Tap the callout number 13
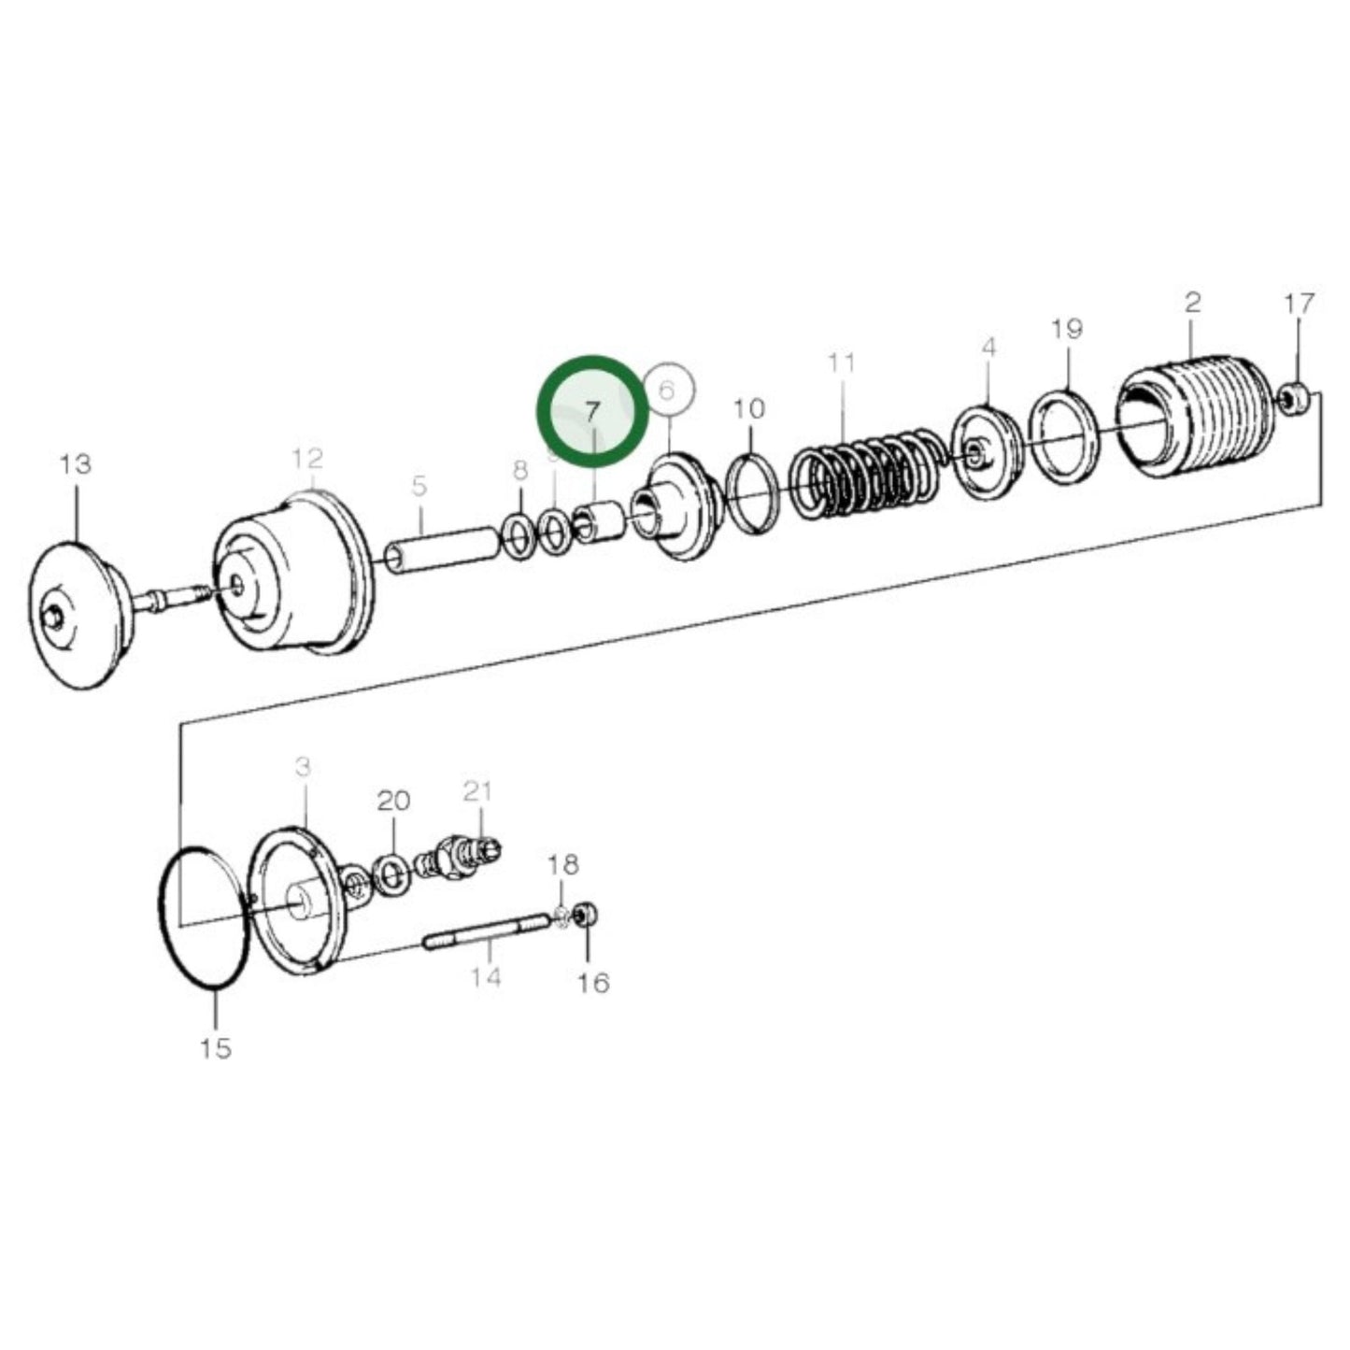click(x=76, y=463)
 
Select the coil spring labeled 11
click(x=865, y=472)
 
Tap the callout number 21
click(x=477, y=791)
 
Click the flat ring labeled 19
click(x=1064, y=436)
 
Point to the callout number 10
click(x=749, y=408)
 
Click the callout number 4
click(x=989, y=348)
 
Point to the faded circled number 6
click(x=666, y=390)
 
